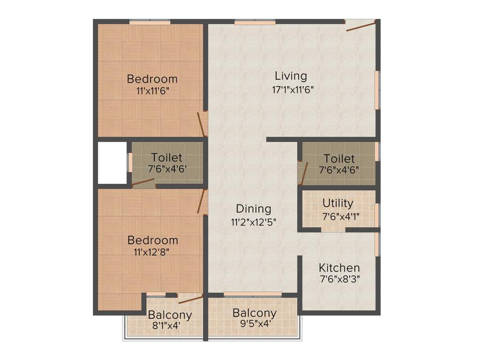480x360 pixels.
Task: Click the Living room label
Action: [x=291, y=76]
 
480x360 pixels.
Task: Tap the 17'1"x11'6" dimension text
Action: [x=292, y=89]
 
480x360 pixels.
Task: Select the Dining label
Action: [x=254, y=209]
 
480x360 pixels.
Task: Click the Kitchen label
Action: [x=339, y=268]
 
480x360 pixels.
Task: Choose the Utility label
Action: [x=338, y=203]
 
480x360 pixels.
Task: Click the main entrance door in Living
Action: [x=361, y=26]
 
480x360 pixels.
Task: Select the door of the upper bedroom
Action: [x=202, y=124]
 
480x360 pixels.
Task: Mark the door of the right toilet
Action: [x=304, y=173]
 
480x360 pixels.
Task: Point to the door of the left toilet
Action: [x=143, y=183]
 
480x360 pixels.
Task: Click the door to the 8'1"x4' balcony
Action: [x=190, y=300]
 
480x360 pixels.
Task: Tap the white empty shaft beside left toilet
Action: [x=112, y=163]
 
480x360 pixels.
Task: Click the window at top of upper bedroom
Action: [x=150, y=22]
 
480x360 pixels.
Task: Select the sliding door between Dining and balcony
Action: [x=253, y=294]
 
